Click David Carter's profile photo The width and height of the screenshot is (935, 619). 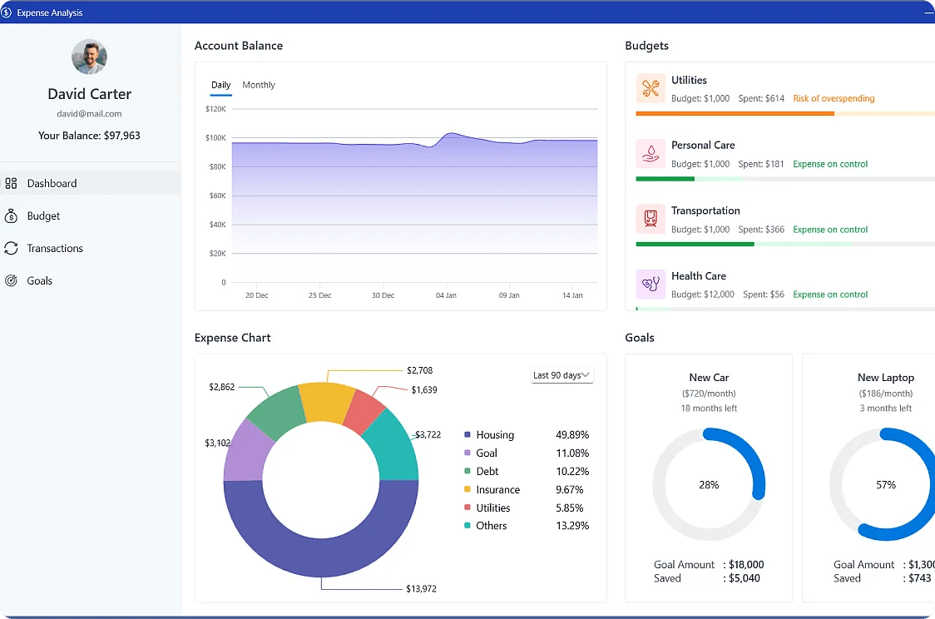[x=89, y=57]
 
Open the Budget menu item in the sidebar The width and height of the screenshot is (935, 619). [x=43, y=216]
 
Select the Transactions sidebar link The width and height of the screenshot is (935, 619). [x=54, y=249]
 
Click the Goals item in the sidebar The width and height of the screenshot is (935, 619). [x=39, y=281]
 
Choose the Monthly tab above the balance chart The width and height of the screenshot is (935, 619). [x=258, y=85]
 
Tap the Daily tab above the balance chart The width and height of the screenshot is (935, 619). [x=220, y=85]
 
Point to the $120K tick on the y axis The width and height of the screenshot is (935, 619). [x=215, y=109]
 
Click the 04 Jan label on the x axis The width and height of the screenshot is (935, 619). [x=446, y=295]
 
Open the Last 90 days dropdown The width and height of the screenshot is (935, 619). [x=562, y=375]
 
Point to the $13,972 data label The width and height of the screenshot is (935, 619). [x=421, y=589]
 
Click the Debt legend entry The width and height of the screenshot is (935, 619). [x=487, y=472]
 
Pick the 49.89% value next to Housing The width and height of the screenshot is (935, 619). [x=571, y=435]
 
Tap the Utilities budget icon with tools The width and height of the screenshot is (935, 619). [x=651, y=88]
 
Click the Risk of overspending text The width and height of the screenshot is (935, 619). [x=834, y=98]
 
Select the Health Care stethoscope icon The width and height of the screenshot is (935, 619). [x=651, y=285]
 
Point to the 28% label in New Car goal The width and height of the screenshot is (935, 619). [x=709, y=485]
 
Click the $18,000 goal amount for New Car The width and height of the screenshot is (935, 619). [x=746, y=565]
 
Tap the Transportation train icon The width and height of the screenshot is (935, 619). [x=651, y=219]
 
